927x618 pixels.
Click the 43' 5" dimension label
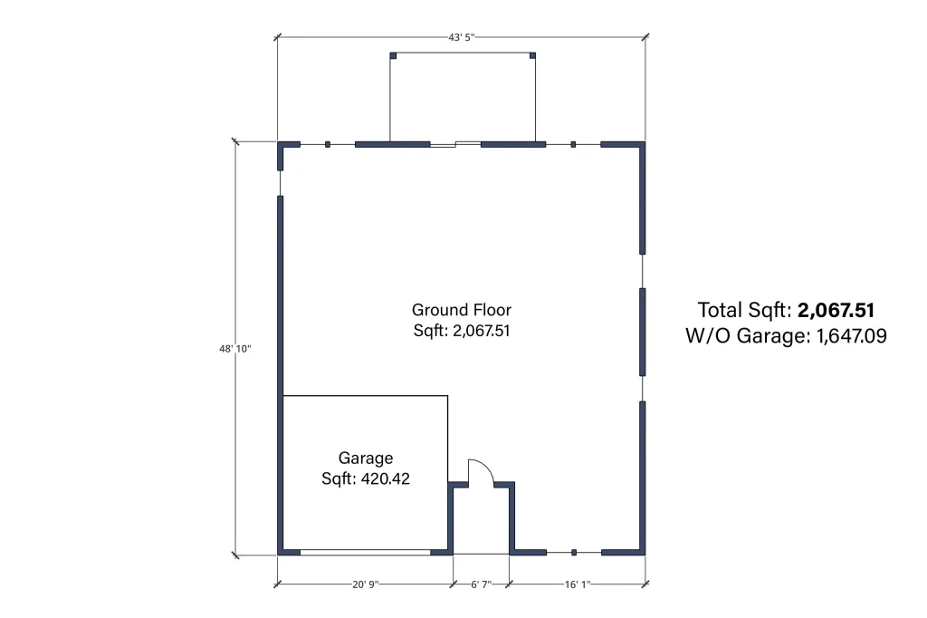tap(461, 37)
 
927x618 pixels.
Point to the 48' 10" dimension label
tap(235, 349)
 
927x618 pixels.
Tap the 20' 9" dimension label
tap(366, 584)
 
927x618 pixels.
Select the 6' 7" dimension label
tap(482, 584)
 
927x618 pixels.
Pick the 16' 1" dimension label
tap(577, 584)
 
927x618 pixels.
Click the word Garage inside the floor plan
tap(366, 459)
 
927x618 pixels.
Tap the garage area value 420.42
tap(386, 478)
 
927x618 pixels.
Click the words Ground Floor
tap(462, 310)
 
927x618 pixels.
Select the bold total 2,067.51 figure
tap(836, 310)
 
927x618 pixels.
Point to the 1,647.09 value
tap(851, 335)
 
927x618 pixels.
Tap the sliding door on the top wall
tap(455, 144)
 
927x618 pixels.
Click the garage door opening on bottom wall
tap(365, 552)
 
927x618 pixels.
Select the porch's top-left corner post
tap(393, 55)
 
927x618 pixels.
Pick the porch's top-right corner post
tap(532, 55)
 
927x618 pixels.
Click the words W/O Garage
tap(747, 335)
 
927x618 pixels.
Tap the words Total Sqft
tap(744, 310)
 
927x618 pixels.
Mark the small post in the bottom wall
tap(573, 552)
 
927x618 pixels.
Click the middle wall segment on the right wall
tap(643, 332)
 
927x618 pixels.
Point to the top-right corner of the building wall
tap(645, 142)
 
